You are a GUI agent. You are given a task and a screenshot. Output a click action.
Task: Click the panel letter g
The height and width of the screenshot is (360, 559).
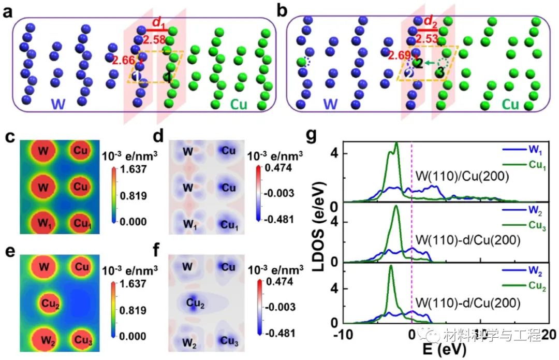[312, 136]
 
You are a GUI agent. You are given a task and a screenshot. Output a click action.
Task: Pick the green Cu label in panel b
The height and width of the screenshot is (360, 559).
[510, 104]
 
